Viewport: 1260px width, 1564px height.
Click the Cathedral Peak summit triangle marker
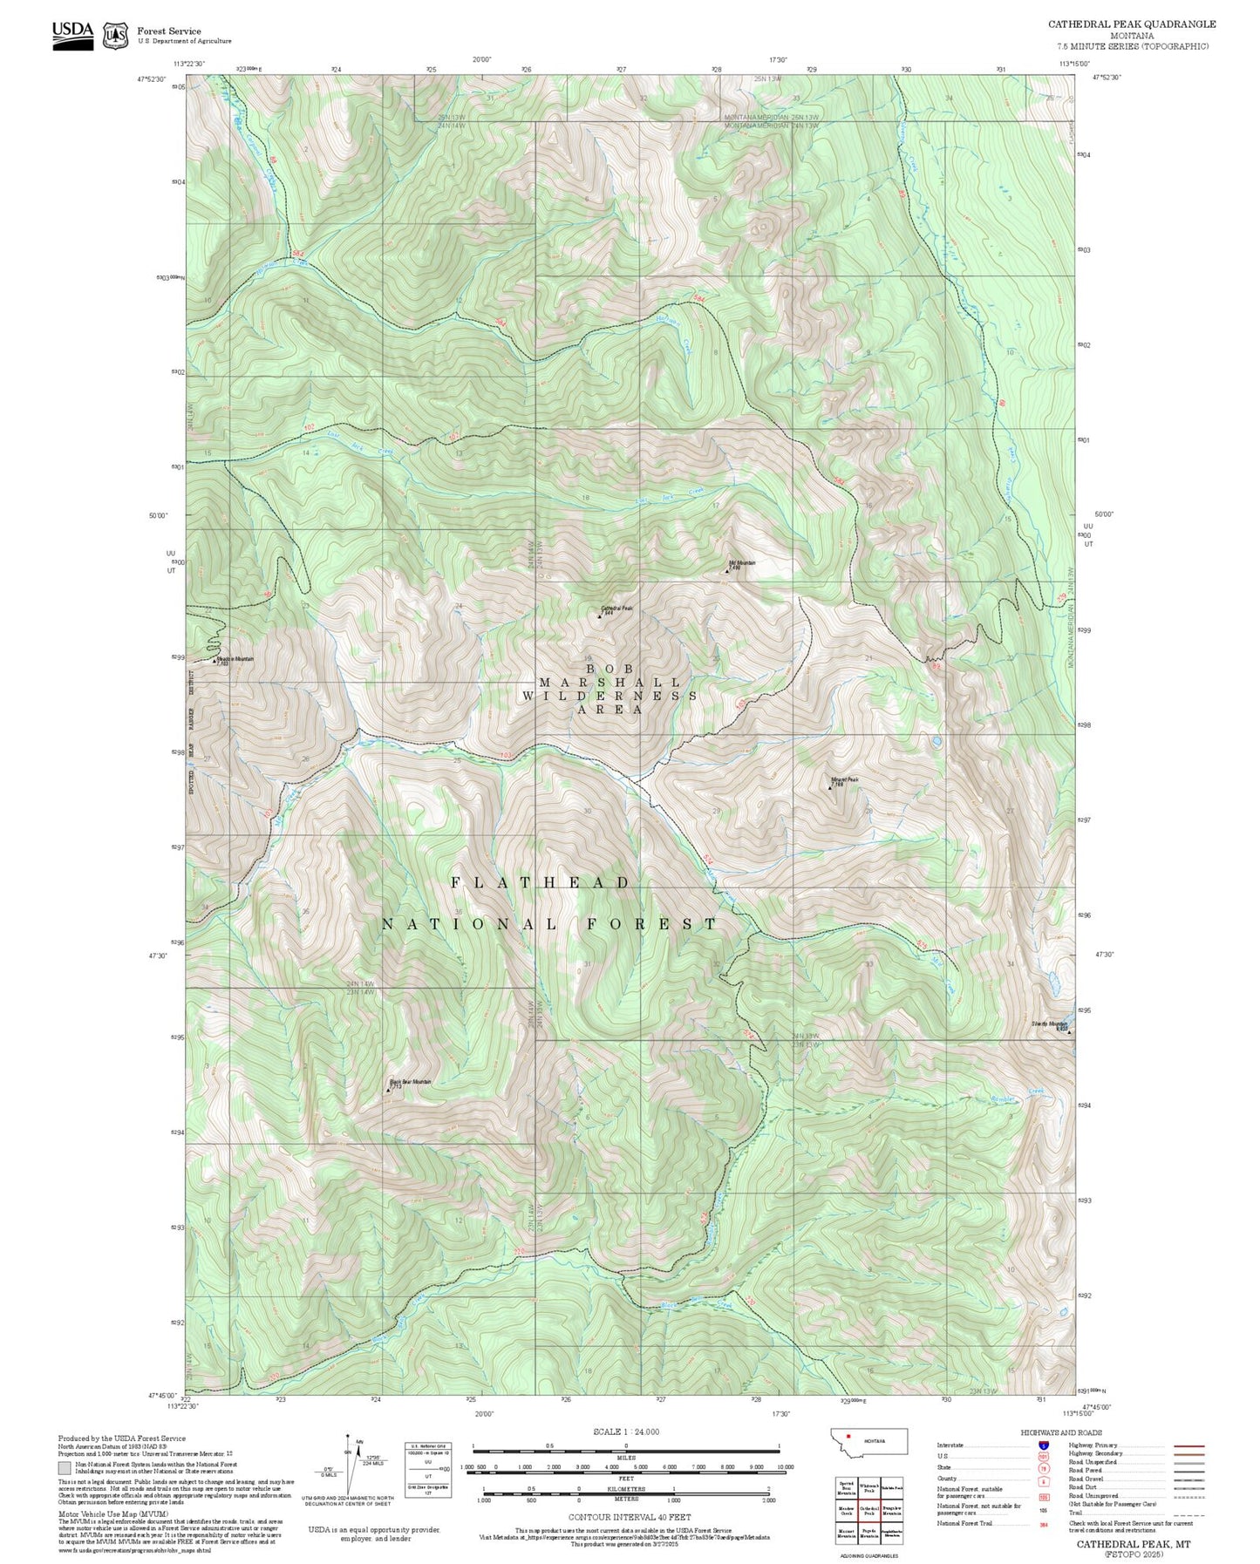click(600, 615)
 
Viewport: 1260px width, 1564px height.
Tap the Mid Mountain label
click(742, 562)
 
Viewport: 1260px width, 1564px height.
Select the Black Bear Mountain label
click(410, 1081)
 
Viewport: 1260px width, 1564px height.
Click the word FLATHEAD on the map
click(541, 883)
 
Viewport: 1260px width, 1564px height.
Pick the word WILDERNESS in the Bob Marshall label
click(610, 696)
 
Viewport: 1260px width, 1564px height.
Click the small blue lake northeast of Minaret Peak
click(936, 742)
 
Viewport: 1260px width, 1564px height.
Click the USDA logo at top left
click(72, 34)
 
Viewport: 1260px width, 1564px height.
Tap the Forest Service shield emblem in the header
click(115, 36)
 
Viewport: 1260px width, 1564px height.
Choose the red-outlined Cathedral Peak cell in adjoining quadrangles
click(868, 1486)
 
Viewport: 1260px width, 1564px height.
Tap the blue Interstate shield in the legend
click(1043, 1445)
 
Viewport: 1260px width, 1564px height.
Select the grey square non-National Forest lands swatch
click(65, 1467)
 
